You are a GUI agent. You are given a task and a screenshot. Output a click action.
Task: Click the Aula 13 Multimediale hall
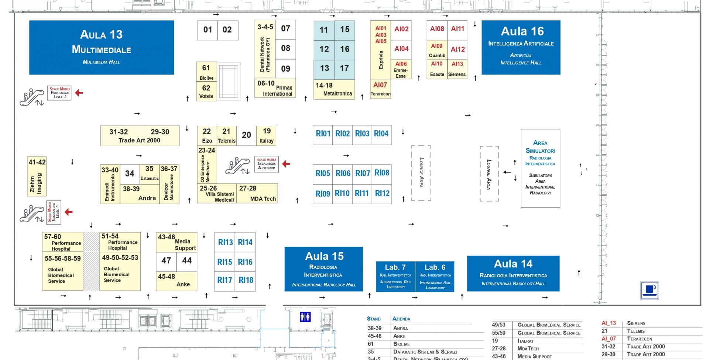click(x=102, y=47)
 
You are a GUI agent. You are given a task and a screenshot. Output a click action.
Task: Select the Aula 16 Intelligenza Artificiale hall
click(x=521, y=47)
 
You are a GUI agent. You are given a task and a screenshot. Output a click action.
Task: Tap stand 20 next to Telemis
click(x=246, y=135)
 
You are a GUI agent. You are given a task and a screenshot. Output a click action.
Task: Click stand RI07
click(x=362, y=173)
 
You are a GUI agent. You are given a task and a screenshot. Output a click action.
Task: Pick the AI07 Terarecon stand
click(x=380, y=89)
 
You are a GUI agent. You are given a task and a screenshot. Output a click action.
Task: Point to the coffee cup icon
click(x=649, y=290)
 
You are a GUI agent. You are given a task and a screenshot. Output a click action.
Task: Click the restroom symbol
click(x=305, y=317)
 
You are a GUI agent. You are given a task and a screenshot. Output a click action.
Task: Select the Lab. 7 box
click(x=395, y=276)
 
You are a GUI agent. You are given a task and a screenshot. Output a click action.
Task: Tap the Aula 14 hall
click(x=513, y=273)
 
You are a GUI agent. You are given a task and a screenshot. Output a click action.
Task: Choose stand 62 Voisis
click(x=206, y=92)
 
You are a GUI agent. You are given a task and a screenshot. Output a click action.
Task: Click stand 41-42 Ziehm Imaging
click(x=37, y=176)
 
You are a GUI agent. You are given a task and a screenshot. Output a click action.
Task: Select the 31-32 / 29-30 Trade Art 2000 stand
click(x=140, y=136)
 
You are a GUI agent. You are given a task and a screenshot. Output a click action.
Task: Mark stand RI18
click(x=246, y=280)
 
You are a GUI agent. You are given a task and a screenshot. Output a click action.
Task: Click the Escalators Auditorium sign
click(x=267, y=164)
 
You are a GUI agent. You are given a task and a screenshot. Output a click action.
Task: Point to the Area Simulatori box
click(x=540, y=168)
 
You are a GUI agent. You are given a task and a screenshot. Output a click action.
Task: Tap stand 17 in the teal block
click(x=344, y=68)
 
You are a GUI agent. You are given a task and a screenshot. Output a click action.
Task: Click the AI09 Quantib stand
click(x=437, y=50)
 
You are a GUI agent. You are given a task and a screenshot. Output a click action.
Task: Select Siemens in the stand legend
click(x=636, y=323)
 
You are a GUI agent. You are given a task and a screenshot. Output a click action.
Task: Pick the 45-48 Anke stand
click(x=176, y=281)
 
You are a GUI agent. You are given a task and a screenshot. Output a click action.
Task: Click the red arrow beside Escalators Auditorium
click(x=286, y=164)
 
